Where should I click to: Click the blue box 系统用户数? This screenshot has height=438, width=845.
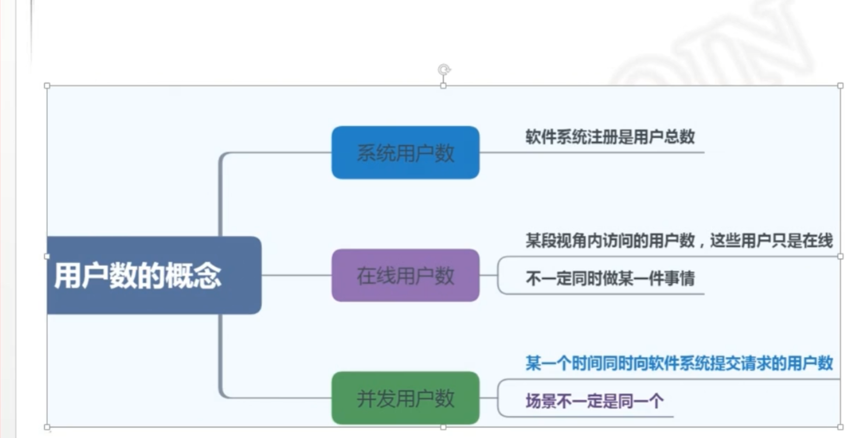405,153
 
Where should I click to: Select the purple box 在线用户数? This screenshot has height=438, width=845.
405,275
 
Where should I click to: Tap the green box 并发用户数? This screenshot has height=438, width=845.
405,398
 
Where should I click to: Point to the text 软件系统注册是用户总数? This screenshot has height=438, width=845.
610,137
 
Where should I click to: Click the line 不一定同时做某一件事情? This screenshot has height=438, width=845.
610,278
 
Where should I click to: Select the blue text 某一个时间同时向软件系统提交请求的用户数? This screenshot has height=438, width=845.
679,363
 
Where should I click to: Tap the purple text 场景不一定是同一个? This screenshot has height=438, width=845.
594,401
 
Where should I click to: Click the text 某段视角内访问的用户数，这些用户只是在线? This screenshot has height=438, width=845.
679,240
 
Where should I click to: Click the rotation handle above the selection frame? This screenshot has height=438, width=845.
444,69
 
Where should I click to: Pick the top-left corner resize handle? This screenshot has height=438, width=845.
47,86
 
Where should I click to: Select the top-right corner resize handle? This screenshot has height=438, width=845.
840,86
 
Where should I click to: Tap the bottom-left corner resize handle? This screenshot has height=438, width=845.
47,427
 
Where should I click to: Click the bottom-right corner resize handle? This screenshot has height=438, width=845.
840,427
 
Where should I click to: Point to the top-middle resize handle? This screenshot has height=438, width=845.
444,86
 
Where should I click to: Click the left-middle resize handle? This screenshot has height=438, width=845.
47,257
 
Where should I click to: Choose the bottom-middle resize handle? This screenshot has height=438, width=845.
444,427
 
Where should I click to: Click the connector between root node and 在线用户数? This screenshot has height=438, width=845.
296,275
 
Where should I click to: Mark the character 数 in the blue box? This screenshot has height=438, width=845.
444,153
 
